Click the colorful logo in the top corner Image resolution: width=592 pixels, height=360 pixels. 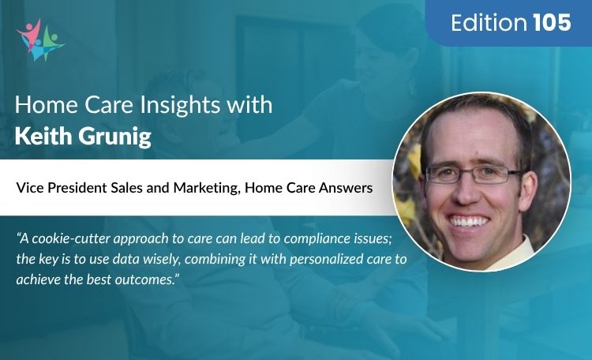pyautogui.click(x=40, y=39)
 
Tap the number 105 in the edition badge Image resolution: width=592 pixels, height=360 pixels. pyautogui.click(x=552, y=23)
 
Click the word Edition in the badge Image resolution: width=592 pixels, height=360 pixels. pyautogui.click(x=487, y=23)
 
